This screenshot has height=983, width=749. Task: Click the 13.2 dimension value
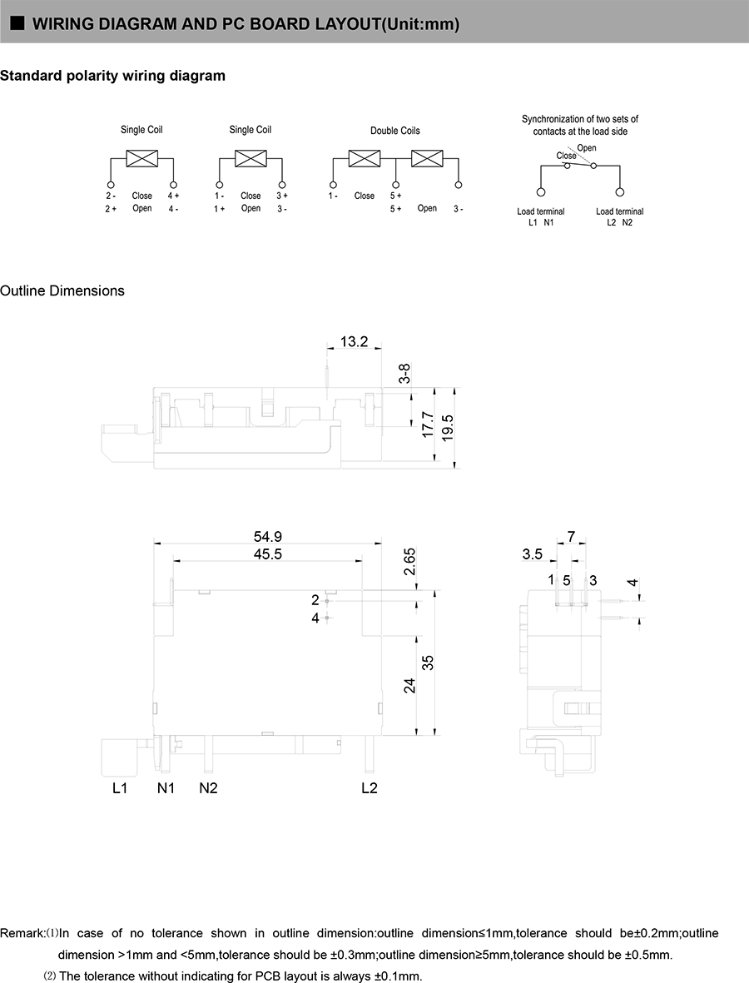(x=354, y=342)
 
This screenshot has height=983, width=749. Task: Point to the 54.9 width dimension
(x=267, y=538)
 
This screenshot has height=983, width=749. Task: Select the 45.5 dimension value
(x=267, y=554)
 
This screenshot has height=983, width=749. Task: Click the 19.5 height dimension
(x=448, y=428)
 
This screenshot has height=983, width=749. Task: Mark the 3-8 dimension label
(x=404, y=374)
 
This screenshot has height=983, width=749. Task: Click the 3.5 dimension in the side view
(x=533, y=554)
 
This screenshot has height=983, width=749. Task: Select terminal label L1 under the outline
(x=120, y=788)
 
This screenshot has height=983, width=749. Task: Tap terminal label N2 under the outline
(x=208, y=788)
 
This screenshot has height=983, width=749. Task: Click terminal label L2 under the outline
(x=370, y=788)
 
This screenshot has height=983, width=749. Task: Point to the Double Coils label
(x=395, y=131)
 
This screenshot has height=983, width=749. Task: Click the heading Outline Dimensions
(x=62, y=291)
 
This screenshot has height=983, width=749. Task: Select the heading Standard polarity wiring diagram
(x=112, y=77)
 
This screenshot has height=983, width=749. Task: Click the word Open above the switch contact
(x=586, y=148)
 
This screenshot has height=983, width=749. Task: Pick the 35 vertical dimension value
(x=429, y=663)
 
